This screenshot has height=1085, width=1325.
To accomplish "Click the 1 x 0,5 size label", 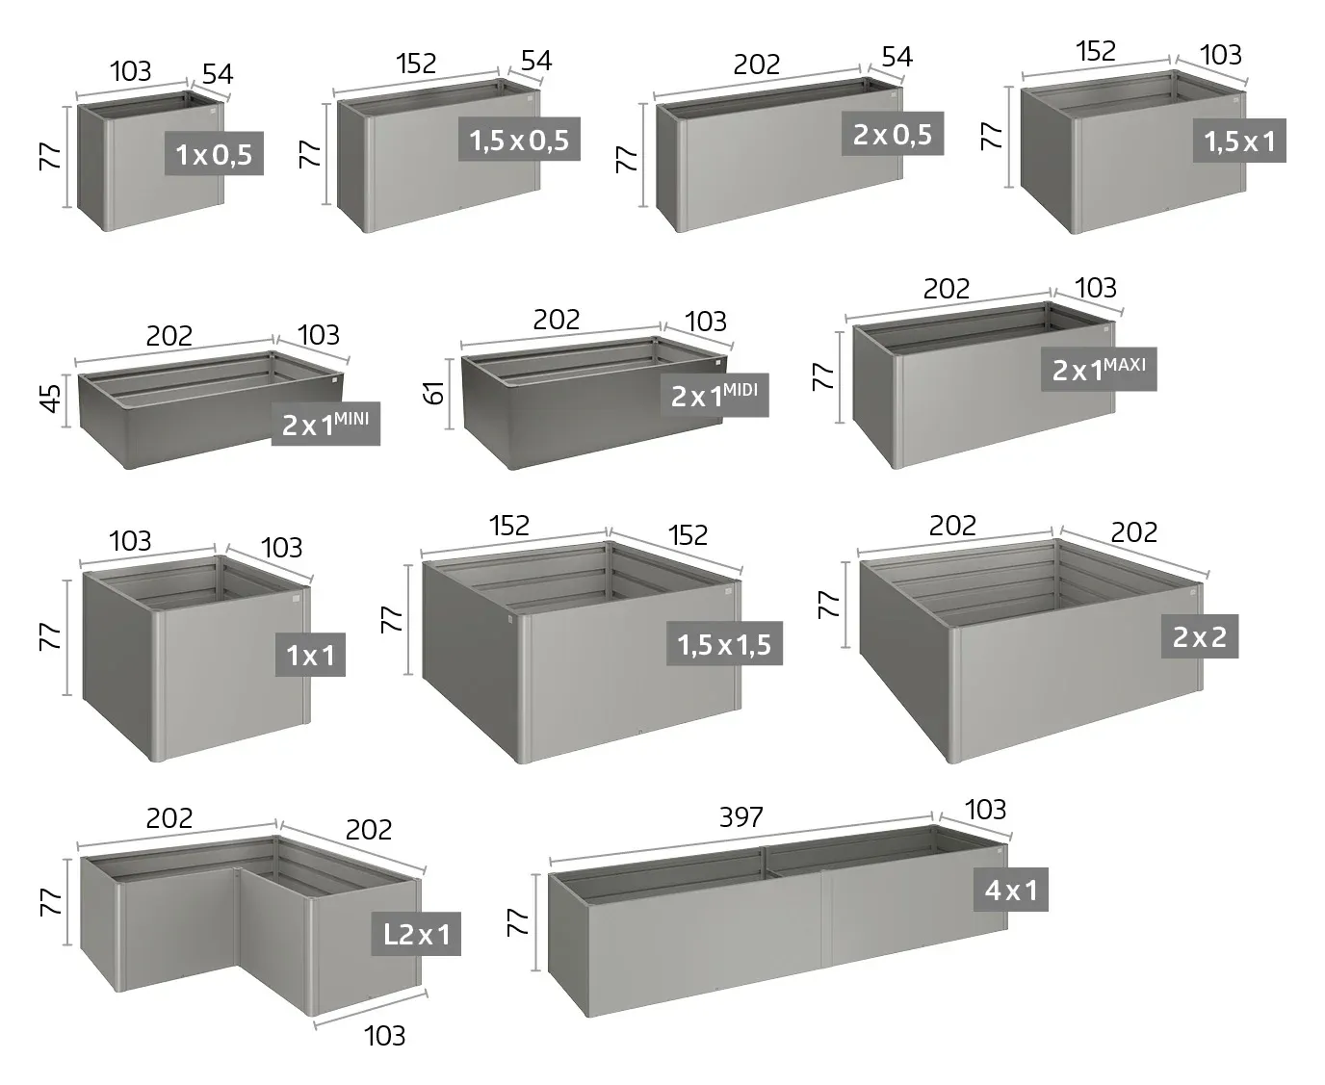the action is [x=214, y=153].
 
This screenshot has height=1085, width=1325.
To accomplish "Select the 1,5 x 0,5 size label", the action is [x=519, y=139].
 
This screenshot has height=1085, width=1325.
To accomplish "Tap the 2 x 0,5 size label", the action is [x=892, y=134].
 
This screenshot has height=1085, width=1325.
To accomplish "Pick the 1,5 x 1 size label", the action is [x=1239, y=141].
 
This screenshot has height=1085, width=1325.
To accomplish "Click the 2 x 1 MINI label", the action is [x=325, y=424].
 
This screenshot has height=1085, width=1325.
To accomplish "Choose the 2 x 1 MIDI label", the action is [x=714, y=395].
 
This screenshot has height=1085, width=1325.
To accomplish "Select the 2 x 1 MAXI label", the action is [x=1098, y=369].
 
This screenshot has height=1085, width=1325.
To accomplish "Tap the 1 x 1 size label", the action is [x=310, y=655].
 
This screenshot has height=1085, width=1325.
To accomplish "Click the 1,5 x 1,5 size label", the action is [x=724, y=643].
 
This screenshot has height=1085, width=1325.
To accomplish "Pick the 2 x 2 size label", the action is [x=1200, y=636].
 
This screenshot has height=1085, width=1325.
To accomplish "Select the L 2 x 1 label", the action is [x=416, y=934].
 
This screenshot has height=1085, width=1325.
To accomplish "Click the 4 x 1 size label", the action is [x=1011, y=890].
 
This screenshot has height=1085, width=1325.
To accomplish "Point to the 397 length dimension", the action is [x=741, y=816].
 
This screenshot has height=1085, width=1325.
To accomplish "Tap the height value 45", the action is [x=51, y=399].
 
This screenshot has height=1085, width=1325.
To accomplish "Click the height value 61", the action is [x=434, y=393].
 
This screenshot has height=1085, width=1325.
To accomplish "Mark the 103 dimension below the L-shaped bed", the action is [x=384, y=1036].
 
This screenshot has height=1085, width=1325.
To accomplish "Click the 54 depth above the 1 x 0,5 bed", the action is [x=218, y=74].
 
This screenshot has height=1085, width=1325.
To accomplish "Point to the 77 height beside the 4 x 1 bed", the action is [x=518, y=921].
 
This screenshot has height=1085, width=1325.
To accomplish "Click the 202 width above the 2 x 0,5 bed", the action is [x=757, y=65].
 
